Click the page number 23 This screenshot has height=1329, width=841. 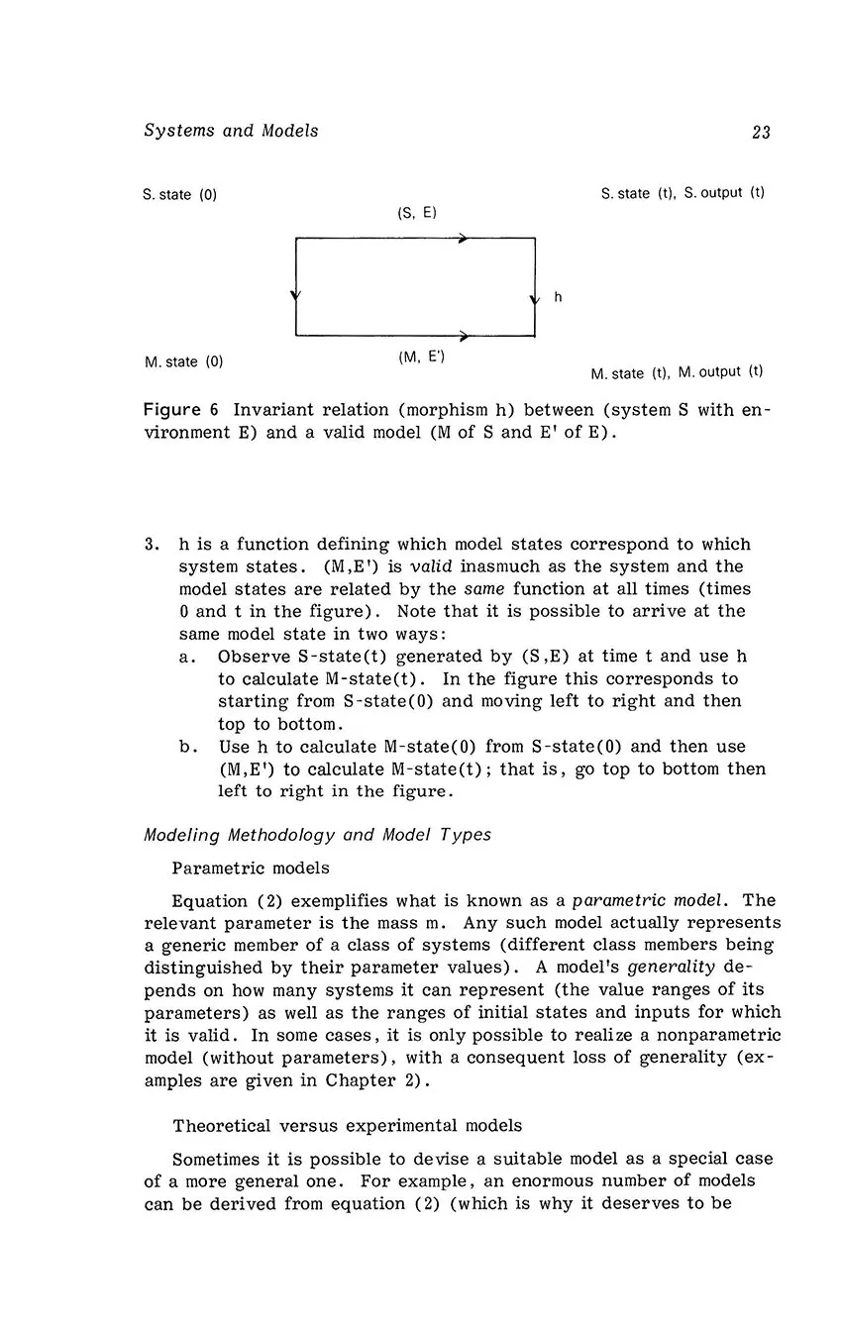tap(761, 132)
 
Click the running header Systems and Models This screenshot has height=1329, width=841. tap(231, 131)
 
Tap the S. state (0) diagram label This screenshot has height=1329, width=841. tap(179, 195)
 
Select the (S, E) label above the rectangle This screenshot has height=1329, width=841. tap(417, 213)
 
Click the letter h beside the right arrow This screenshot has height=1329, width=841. tap(558, 296)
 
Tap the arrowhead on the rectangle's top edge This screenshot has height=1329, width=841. tap(464, 239)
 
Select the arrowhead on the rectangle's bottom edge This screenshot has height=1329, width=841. tap(464, 336)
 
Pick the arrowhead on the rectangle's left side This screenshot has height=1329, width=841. tap(296, 295)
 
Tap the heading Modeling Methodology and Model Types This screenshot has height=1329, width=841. tap(317, 835)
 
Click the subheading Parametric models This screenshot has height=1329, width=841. tap(251, 869)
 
